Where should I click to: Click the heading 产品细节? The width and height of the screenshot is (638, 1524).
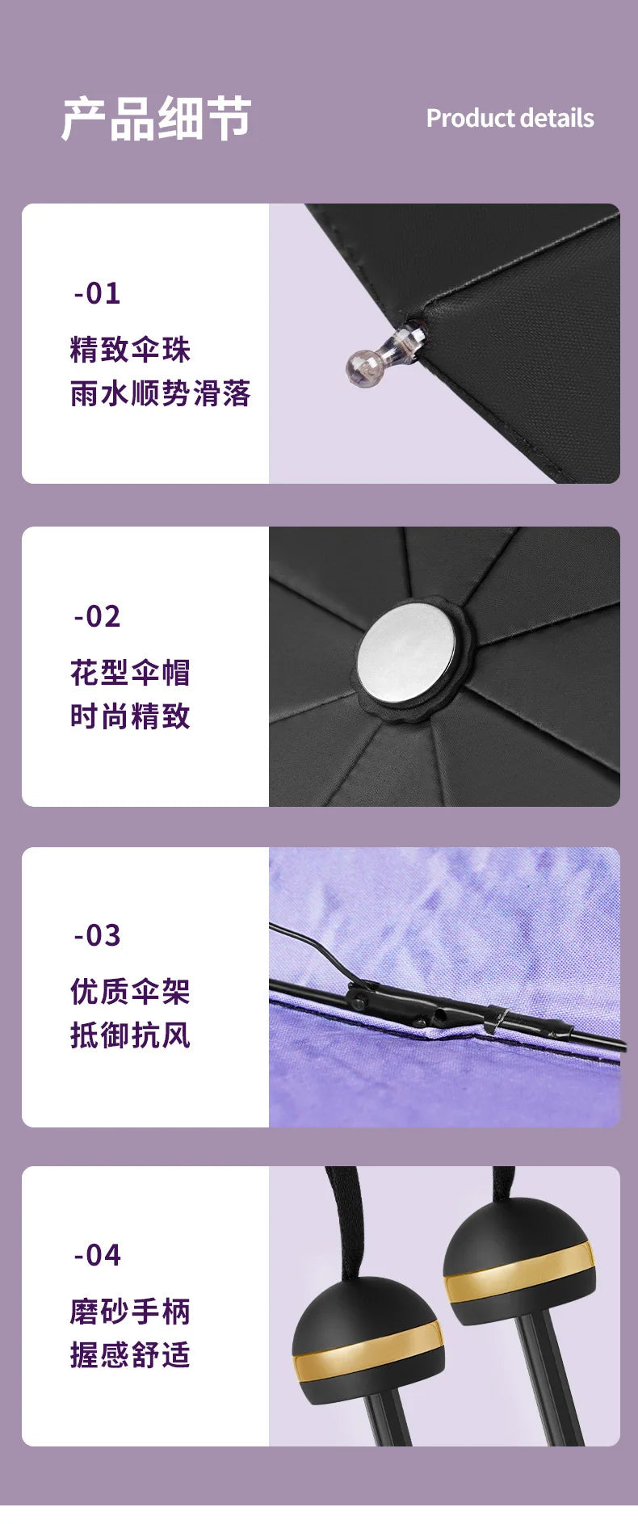[x=156, y=119]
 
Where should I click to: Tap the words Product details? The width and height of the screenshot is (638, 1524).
[x=510, y=119]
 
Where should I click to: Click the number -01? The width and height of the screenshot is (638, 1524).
[x=97, y=293]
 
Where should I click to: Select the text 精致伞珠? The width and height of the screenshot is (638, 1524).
[x=130, y=350]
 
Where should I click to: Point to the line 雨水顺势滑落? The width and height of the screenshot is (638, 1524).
[x=160, y=393]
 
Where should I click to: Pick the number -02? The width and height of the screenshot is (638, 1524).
[x=97, y=617]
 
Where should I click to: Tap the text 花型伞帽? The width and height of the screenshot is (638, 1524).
[x=130, y=672]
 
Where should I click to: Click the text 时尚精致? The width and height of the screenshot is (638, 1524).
[x=130, y=716]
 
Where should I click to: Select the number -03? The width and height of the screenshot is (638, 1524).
[x=97, y=935]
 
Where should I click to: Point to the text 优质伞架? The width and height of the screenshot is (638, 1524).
[x=130, y=991]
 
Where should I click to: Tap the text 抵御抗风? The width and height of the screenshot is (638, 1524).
[x=130, y=1035]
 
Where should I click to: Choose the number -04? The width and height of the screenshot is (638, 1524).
[x=97, y=1255]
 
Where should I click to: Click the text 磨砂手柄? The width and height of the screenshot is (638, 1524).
[x=130, y=1312]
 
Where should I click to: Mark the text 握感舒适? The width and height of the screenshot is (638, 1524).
[x=130, y=1354]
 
